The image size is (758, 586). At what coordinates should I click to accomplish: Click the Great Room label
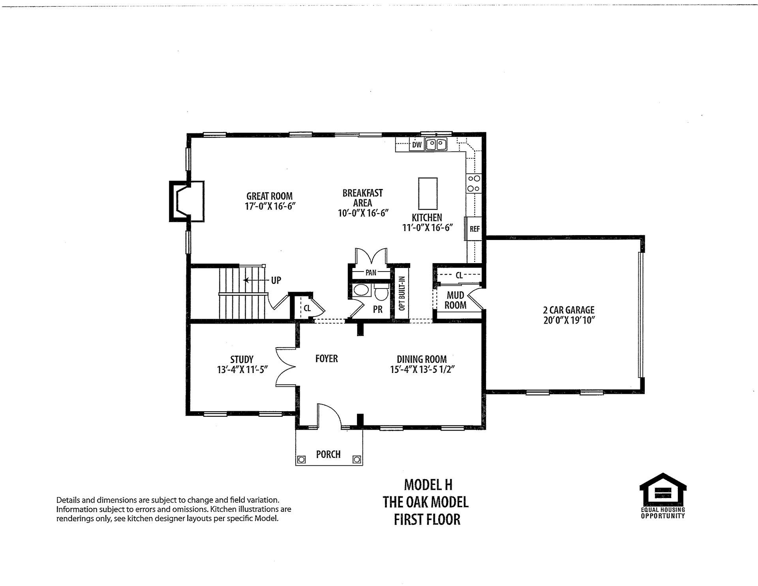(x=270, y=196)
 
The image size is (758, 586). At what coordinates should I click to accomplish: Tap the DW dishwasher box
(x=417, y=145)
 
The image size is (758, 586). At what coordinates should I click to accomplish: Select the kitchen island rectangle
(x=428, y=194)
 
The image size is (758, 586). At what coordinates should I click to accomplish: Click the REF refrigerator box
(x=474, y=229)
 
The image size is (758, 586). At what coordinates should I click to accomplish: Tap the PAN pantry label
(x=371, y=272)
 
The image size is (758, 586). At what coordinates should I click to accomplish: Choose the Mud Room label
(x=455, y=300)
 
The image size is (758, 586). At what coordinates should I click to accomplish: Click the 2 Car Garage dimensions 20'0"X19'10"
(x=569, y=320)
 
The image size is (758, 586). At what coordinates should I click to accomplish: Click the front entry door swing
(x=330, y=414)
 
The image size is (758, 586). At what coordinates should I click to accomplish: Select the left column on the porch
(x=302, y=459)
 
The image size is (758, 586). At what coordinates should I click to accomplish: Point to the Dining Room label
(x=422, y=359)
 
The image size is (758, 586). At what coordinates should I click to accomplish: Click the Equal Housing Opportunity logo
(x=663, y=495)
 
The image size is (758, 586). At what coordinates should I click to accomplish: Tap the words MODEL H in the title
(x=428, y=485)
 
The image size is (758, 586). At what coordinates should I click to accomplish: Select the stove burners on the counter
(x=473, y=183)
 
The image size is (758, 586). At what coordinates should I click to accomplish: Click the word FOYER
(x=326, y=359)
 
